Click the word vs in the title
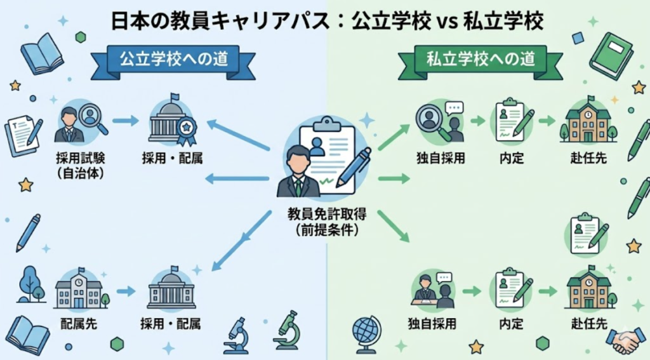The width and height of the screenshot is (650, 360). pyautogui.click(x=448, y=22)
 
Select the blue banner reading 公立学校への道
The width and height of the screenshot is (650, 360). pyautogui.click(x=173, y=60)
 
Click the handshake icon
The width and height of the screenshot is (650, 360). pyautogui.click(x=625, y=342)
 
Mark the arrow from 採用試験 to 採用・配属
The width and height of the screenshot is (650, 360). pyautogui.click(x=125, y=121)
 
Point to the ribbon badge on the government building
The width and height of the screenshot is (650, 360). pyautogui.click(x=186, y=130)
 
